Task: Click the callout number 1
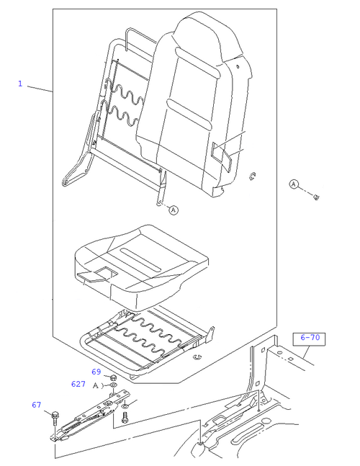20,84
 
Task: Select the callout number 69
96,372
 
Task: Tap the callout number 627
78,384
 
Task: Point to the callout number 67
36,405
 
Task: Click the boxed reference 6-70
309,339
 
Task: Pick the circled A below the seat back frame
174,210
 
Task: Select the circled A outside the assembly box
294,184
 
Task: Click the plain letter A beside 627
96,385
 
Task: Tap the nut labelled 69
113,378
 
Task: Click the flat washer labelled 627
113,385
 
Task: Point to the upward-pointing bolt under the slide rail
125,418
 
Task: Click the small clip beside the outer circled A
317,197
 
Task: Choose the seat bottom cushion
141,266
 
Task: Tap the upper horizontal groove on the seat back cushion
198,63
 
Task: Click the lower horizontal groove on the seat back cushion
189,114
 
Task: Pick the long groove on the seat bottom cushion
141,259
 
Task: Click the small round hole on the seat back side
238,66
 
